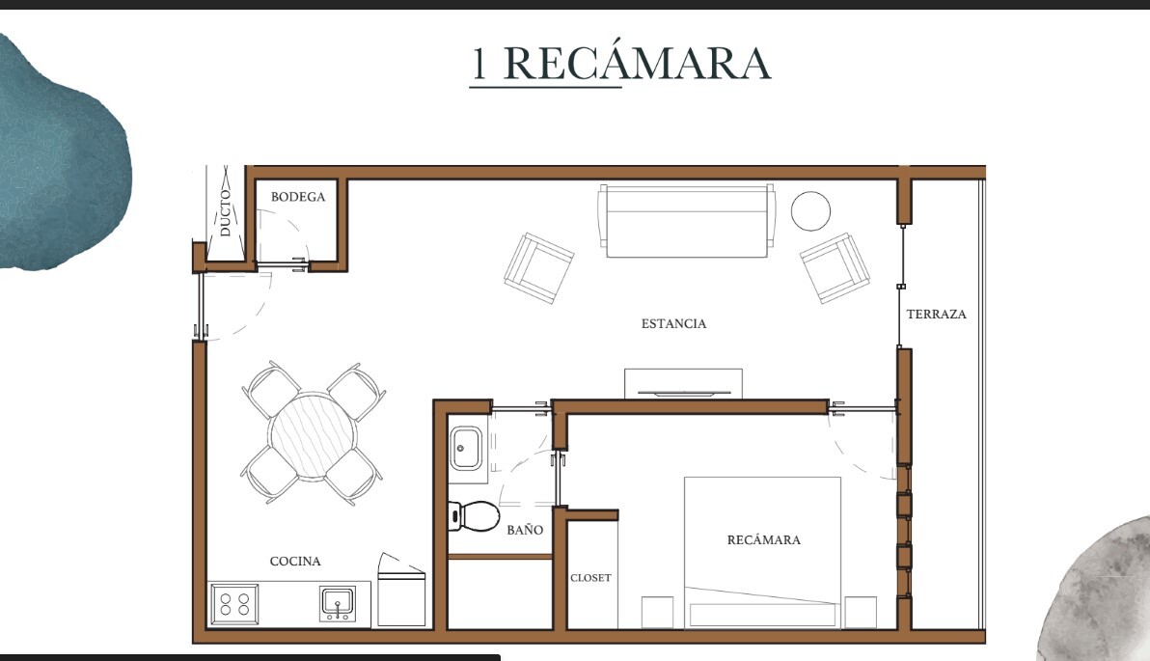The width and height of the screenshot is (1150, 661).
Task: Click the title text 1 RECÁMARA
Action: tap(620, 63)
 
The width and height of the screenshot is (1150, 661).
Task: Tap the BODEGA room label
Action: tap(298, 197)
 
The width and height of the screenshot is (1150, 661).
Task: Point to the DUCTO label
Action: tap(225, 212)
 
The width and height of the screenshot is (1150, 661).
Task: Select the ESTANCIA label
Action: tap(673, 323)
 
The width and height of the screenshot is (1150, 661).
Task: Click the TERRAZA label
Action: tap(936, 314)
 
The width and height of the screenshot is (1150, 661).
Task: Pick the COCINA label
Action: tap(295, 562)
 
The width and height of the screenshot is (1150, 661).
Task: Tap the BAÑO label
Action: tap(525, 530)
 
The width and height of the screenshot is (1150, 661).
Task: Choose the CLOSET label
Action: tap(590, 578)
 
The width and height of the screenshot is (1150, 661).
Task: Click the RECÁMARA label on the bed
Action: tap(763, 540)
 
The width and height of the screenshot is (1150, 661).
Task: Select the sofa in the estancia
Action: tap(687, 220)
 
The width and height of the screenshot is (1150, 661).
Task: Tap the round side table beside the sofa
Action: tap(810, 210)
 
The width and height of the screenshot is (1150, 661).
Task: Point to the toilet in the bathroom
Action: tap(474, 516)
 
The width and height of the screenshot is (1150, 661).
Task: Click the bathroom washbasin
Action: tap(466, 449)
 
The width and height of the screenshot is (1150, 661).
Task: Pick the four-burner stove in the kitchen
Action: tap(234, 604)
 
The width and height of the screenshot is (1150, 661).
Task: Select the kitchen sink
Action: tap(338, 604)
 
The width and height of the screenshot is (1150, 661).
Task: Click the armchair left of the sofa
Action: tap(539, 268)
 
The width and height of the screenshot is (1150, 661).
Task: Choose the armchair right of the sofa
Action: tap(835, 267)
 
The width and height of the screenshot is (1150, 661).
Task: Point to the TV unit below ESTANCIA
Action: tap(683, 384)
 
